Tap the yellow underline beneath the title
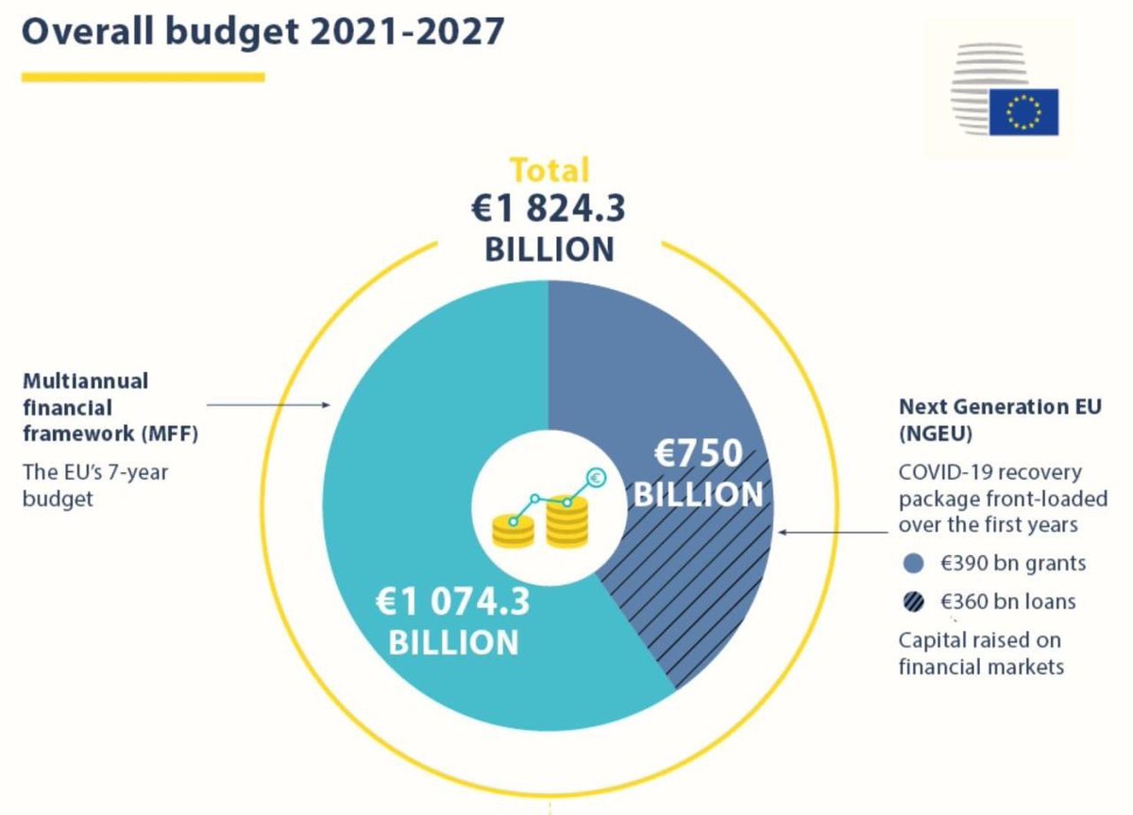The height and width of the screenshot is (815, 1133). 143,77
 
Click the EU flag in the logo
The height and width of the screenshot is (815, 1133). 1023,112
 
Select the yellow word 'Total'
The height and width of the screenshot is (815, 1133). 550,170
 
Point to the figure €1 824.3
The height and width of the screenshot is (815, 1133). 550,209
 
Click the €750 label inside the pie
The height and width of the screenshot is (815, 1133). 699,455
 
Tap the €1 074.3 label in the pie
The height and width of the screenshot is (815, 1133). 454,603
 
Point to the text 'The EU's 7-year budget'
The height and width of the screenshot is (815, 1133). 94,484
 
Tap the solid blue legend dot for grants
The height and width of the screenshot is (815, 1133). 913,564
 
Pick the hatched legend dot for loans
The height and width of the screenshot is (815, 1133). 913,602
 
